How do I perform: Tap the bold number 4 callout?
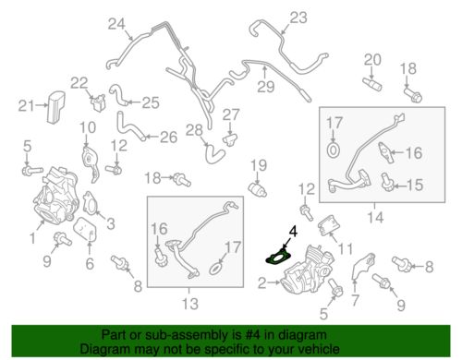coord(293,232)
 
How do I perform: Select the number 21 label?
coord(26,106)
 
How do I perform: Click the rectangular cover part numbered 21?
coord(55,107)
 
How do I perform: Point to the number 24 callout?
coord(116,24)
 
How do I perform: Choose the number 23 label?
coord(298,18)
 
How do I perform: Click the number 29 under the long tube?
coord(265,87)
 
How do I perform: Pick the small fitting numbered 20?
coord(372,84)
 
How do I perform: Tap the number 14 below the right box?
coord(375,218)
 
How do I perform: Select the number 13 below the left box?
coord(190,304)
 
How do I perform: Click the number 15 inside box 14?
coord(415,185)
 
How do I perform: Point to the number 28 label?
coord(194,130)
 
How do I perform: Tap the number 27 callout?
coord(231,115)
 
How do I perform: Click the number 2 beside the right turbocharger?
coord(261,283)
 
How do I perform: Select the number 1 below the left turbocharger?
coord(32,238)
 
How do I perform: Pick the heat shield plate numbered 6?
coord(86,229)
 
